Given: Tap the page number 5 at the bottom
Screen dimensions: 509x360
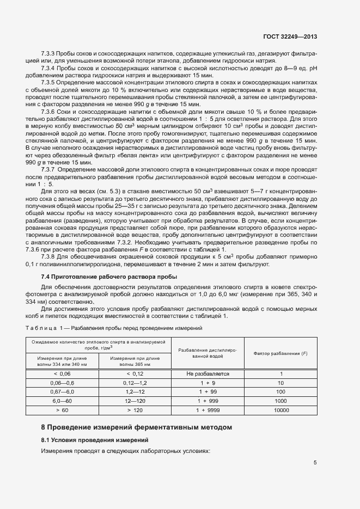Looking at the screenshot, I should (x=315, y=463).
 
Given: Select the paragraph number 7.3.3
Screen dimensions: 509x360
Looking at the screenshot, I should (x=48, y=54).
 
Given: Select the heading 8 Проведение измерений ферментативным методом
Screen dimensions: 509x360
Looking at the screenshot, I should (x=137, y=427).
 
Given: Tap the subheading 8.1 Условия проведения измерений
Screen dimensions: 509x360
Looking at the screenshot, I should (x=94, y=439).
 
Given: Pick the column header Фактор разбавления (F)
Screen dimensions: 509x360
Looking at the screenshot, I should (x=280, y=354).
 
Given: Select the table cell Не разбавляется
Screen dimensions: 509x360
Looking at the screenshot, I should (x=208, y=374).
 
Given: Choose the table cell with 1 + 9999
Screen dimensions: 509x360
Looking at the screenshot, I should (x=208, y=410).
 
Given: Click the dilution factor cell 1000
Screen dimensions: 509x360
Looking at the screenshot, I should (x=280, y=401).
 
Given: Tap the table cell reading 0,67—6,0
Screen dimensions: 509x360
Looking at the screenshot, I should (x=62, y=392).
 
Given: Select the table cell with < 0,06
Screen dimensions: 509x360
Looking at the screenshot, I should (x=62, y=374).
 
